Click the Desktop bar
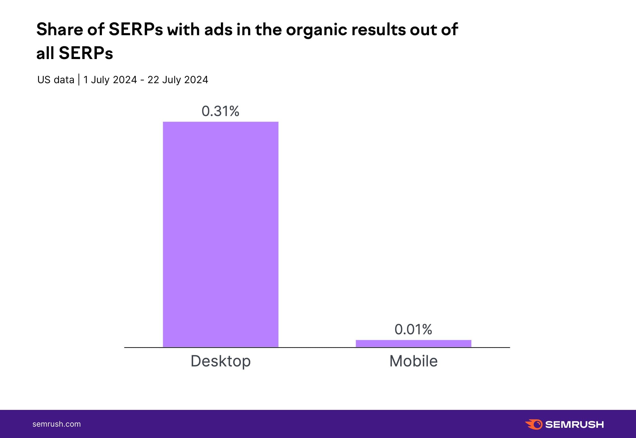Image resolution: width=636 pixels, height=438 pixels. [x=221, y=234]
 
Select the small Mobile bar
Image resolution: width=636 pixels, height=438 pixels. [x=413, y=343]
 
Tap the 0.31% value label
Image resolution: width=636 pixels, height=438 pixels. [x=220, y=111]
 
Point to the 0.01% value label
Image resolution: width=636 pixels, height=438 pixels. [x=413, y=329]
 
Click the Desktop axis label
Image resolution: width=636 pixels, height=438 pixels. [x=221, y=361]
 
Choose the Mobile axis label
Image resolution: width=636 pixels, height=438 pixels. [x=413, y=361]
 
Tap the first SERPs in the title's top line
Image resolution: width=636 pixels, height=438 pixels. [x=135, y=29]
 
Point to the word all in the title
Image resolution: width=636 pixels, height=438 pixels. [x=45, y=53]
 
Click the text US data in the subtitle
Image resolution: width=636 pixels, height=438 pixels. [x=56, y=80]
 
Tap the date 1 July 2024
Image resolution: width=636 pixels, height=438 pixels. [x=110, y=80]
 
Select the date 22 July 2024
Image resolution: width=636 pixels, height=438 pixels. [x=178, y=80]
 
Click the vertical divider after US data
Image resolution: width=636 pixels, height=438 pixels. [x=79, y=80]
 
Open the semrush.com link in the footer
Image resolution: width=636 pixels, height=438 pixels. [x=57, y=424]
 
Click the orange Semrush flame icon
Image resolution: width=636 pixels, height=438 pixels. [x=534, y=424]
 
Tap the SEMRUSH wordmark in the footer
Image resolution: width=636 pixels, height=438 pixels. [x=574, y=424]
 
